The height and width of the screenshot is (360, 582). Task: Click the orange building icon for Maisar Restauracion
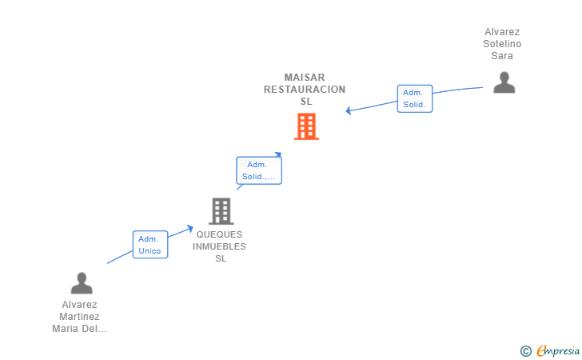click(306, 126)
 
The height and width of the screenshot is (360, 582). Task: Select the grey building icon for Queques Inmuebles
click(221, 211)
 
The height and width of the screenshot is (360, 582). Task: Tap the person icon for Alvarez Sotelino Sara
click(504, 82)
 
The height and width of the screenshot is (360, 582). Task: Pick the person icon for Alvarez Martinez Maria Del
click(81, 283)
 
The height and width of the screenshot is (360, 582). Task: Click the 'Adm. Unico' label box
click(149, 245)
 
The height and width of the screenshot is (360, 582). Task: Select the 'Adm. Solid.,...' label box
click(259, 170)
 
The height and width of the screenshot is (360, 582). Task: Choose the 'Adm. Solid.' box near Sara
click(414, 98)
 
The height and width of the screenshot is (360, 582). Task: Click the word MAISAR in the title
click(305, 78)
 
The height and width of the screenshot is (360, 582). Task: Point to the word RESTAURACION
click(305, 90)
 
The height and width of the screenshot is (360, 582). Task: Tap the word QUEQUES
click(221, 235)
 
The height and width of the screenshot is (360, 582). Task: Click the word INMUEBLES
click(221, 246)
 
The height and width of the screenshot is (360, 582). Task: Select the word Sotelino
click(502, 44)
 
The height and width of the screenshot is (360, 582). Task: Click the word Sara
click(502, 56)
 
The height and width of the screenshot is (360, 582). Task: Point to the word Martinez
click(79, 317)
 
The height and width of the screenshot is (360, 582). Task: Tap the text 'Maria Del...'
click(79, 329)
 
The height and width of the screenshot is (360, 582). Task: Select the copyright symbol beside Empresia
click(525, 350)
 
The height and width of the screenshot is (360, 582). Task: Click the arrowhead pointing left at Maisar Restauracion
click(349, 110)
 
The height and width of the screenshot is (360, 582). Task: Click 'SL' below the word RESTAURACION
click(306, 102)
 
